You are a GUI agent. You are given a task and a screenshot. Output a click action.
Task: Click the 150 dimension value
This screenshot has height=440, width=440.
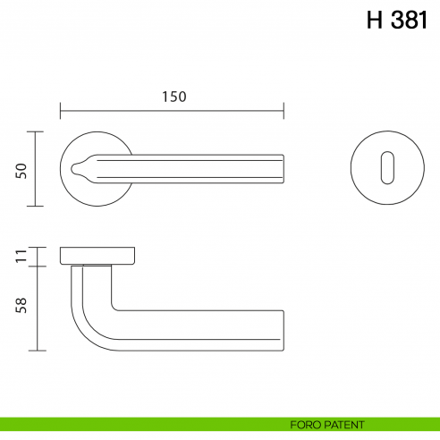pyautogui.click(x=173, y=97)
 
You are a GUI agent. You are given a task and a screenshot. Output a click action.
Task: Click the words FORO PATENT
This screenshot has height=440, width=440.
pyautogui.click(x=326, y=424)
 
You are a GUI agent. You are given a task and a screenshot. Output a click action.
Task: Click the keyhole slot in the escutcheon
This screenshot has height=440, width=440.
pyautogui.click(x=385, y=168)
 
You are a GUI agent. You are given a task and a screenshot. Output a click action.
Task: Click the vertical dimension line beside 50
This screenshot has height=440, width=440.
pyautogui.click(x=36, y=169)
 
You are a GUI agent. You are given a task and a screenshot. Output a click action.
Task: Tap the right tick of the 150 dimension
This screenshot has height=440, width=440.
pyautogui.click(x=283, y=112)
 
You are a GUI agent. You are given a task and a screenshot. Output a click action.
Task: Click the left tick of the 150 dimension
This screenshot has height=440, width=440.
pyautogui.click(x=60, y=112)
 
